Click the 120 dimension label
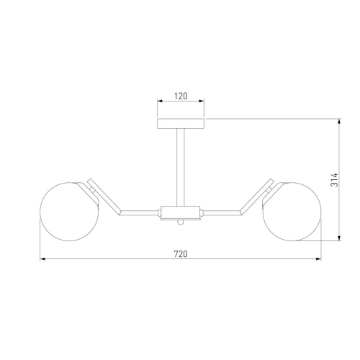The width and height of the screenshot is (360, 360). [x=181, y=96]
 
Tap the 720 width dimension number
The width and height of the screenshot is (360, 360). [x=181, y=254]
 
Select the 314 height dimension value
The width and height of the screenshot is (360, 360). [x=334, y=180]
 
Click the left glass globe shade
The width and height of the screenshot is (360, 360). [x=69, y=212]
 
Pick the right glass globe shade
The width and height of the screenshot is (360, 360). [x=292, y=212]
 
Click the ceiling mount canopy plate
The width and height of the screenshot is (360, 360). [x=181, y=124]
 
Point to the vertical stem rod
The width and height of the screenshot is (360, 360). [x=181, y=168]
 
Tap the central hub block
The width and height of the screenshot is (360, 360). [x=181, y=212]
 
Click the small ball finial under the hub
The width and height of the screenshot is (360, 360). [x=181, y=222]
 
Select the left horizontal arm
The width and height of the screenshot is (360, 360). [x=140, y=212]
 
